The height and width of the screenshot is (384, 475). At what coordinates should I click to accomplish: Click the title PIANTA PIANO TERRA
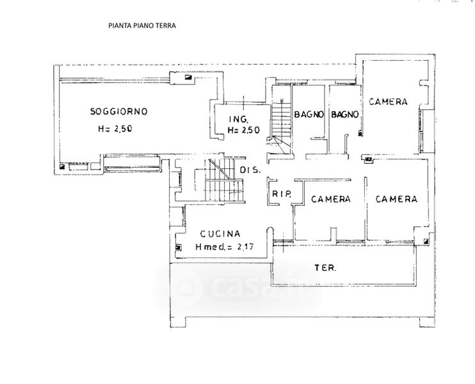click(x=142, y=26)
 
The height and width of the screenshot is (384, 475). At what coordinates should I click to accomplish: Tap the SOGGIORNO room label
click(x=119, y=111)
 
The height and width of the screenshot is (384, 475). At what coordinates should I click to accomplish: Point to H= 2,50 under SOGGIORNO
click(x=115, y=129)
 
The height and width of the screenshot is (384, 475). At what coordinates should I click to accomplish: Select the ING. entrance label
click(x=239, y=119)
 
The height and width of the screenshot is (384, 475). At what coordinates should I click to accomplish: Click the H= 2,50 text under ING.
click(x=244, y=130)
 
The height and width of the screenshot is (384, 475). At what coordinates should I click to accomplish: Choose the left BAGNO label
click(x=309, y=115)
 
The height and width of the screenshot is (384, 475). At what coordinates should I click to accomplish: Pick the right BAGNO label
click(x=345, y=115)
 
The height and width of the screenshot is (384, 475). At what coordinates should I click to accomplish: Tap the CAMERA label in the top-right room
click(x=388, y=102)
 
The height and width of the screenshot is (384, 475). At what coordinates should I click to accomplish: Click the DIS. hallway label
click(x=250, y=170)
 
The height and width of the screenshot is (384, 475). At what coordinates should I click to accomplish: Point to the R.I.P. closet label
click(x=282, y=193)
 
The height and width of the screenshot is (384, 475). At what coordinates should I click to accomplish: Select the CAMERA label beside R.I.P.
click(x=331, y=199)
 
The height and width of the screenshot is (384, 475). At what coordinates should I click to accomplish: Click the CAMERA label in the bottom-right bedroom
click(x=396, y=199)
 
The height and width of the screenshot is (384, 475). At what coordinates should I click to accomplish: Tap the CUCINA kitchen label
click(x=220, y=234)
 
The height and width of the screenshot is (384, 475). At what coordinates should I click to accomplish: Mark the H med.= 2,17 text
click(x=225, y=247)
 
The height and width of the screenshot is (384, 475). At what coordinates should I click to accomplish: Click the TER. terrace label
click(x=325, y=268)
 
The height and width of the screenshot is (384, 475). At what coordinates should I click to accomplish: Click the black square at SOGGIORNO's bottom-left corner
click(x=62, y=166)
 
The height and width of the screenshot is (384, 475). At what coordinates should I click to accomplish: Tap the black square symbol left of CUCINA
click(x=178, y=248)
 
